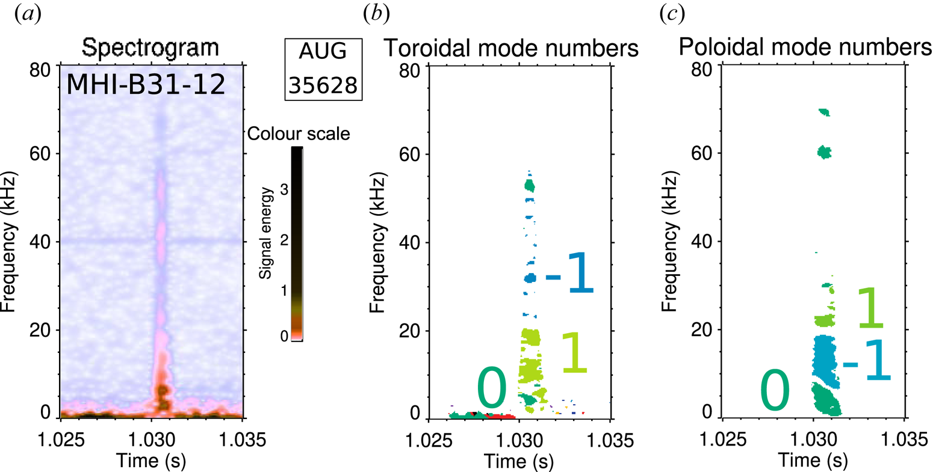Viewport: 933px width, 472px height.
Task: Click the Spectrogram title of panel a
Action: (150, 48)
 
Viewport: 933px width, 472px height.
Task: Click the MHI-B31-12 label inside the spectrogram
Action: (146, 84)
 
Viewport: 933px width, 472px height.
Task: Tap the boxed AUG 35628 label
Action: (324, 69)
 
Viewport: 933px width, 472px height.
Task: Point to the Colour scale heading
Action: (299, 133)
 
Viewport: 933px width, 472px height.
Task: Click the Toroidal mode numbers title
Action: (510, 48)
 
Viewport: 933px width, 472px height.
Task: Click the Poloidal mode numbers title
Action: (805, 48)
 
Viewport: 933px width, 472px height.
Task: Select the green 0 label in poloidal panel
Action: (774, 391)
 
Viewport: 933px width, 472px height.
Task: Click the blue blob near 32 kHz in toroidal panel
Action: (530, 278)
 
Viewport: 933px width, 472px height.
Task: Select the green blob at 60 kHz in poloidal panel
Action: (824, 153)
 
